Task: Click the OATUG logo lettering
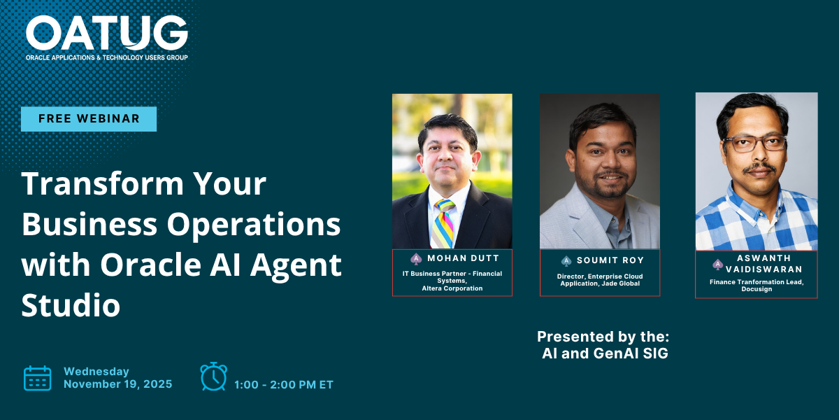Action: pos(107,33)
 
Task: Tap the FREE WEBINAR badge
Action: pos(89,119)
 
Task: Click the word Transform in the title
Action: pos(103,183)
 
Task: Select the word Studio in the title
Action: pos(71,305)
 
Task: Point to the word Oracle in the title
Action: pos(150,265)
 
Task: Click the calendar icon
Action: pos(38,378)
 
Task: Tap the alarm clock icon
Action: pos(213,376)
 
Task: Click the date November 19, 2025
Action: pos(118,384)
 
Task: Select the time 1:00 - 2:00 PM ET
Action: pos(284,385)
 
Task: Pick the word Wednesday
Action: pos(96,371)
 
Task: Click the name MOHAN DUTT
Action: pos(464,258)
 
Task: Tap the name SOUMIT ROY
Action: pos(610,260)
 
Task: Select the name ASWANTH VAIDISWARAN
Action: pos(763,264)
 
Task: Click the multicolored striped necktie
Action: pos(443,223)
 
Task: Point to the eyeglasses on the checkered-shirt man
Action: pos(754,143)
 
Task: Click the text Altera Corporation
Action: pos(452,288)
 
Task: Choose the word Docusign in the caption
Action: pos(756,289)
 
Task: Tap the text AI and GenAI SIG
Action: pos(605,353)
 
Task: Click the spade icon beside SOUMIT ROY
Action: pos(566,260)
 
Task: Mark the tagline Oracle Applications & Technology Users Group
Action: pos(107,57)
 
